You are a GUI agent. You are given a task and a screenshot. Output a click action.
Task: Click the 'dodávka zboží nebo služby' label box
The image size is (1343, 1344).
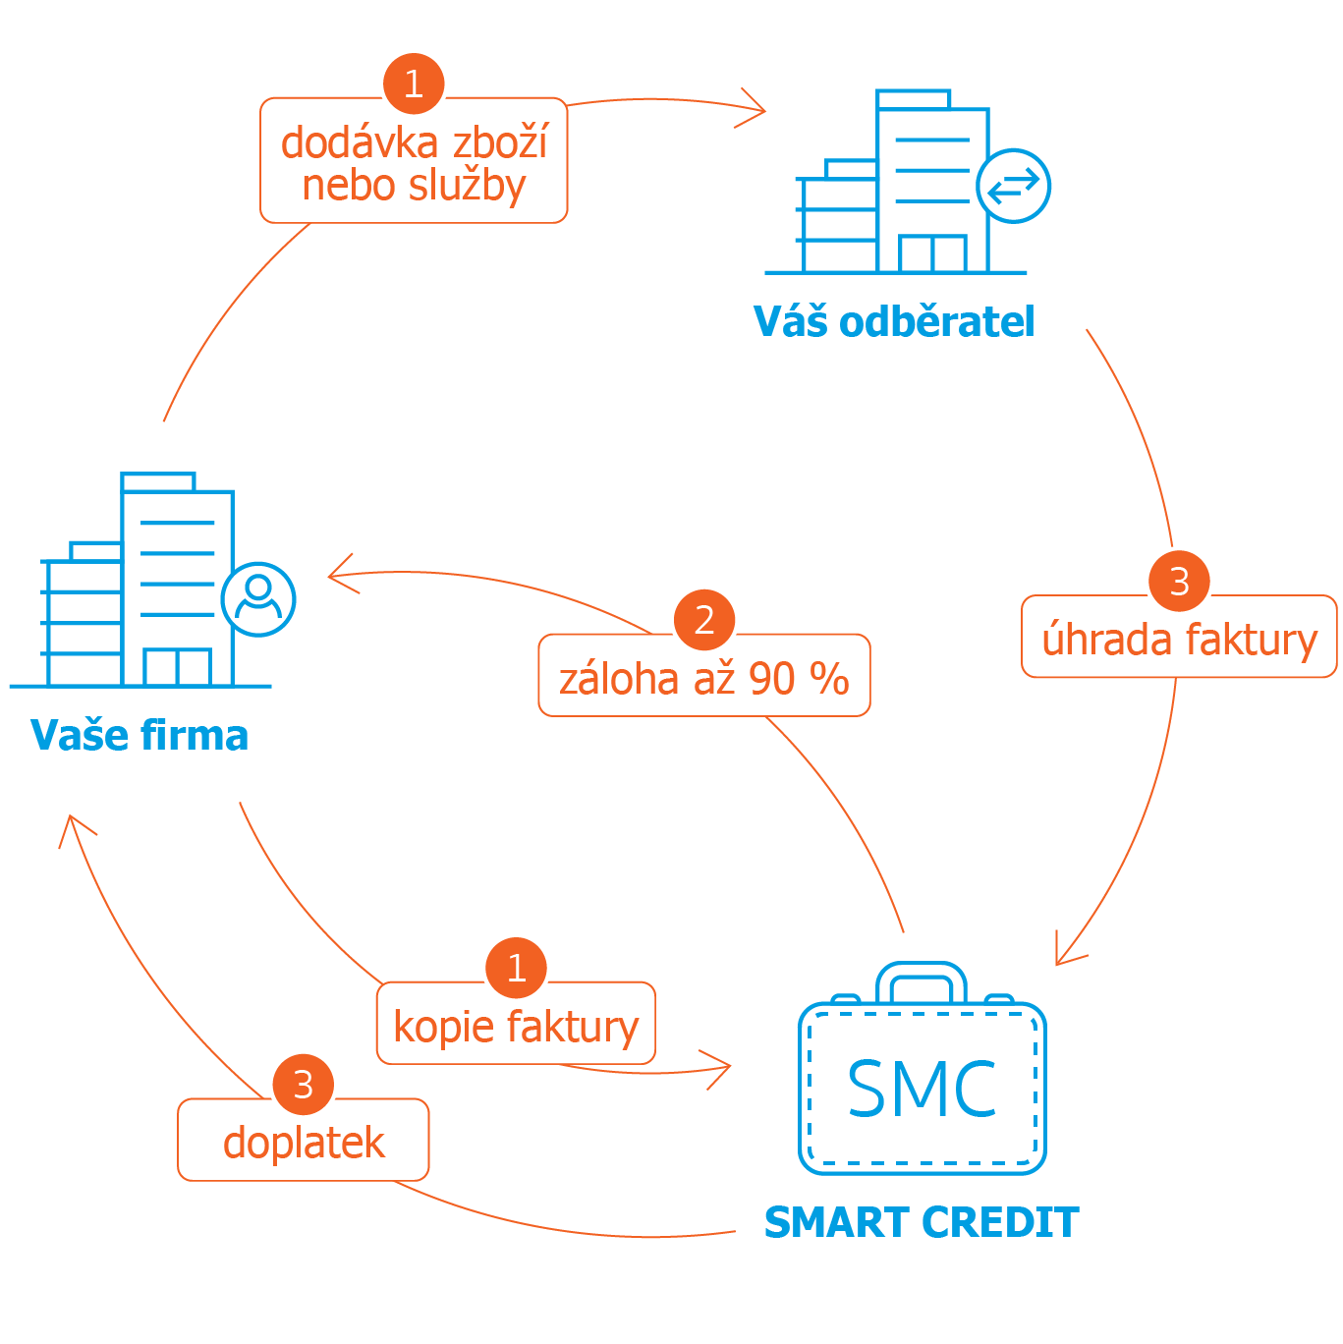(x=414, y=163)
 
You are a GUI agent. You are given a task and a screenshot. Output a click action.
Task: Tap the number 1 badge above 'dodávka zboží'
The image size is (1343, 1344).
(x=414, y=84)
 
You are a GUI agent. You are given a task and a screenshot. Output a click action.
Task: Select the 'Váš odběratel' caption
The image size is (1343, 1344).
(x=894, y=321)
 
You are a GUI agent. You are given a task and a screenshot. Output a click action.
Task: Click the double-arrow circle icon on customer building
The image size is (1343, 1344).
(x=1013, y=186)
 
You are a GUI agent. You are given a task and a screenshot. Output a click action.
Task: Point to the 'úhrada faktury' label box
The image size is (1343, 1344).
(x=1179, y=639)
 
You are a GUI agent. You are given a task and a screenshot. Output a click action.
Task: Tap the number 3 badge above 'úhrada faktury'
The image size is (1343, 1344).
(x=1179, y=581)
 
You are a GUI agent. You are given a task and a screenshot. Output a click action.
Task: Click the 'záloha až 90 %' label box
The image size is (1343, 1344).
(x=703, y=678)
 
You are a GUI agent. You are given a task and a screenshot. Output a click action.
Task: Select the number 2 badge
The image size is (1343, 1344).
(x=704, y=620)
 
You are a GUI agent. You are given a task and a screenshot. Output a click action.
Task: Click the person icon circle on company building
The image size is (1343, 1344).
(x=258, y=599)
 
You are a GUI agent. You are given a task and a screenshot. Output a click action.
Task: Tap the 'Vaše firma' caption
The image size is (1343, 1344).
(x=140, y=735)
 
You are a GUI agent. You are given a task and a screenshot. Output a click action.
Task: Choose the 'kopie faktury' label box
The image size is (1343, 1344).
(x=516, y=1026)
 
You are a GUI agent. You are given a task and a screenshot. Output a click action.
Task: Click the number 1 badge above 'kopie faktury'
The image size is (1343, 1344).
(x=516, y=968)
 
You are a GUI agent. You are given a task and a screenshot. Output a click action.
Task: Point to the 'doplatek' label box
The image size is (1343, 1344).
(x=304, y=1142)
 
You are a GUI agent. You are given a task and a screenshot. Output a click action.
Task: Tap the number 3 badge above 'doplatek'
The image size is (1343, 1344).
(x=304, y=1085)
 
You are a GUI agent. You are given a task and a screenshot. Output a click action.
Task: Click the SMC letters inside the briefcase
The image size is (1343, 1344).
(x=922, y=1090)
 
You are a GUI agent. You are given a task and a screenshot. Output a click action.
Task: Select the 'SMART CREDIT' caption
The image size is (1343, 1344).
(x=922, y=1222)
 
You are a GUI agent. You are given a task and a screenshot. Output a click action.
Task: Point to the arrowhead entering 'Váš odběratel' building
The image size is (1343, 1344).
(x=755, y=108)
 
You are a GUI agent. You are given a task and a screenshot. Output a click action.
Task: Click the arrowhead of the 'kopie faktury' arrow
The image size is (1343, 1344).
(x=720, y=1068)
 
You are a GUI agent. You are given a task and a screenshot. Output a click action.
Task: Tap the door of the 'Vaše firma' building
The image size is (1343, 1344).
(x=177, y=667)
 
